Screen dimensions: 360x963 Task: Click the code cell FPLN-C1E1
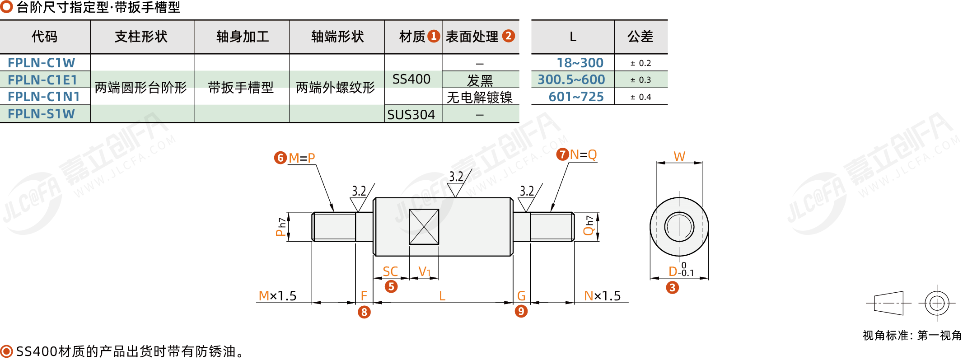(42, 80)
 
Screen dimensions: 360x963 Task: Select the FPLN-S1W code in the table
(41, 114)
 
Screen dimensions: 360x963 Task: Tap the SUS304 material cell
(411, 115)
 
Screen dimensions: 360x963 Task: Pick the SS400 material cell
(411, 79)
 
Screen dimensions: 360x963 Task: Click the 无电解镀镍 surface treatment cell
(480, 97)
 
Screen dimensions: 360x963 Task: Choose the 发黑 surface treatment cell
(480, 80)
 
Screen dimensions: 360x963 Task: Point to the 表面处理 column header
(472, 37)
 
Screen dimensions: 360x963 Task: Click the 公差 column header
(640, 37)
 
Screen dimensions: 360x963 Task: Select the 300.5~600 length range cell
(571, 80)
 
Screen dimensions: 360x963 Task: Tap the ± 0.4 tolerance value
(640, 97)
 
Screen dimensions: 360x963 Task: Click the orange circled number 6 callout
(280, 158)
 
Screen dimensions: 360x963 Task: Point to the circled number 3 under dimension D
(672, 287)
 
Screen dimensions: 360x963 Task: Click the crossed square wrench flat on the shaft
(424, 227)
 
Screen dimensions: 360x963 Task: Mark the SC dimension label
(390, 271)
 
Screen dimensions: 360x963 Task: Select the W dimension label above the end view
(679, 156)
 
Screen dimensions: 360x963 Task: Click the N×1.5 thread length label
(602, 296)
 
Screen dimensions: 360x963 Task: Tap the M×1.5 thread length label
(277, 296)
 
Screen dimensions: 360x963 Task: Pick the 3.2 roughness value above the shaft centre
(456, 177)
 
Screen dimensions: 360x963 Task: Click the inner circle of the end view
(679, 227)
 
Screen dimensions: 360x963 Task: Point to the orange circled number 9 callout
(521, 311)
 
